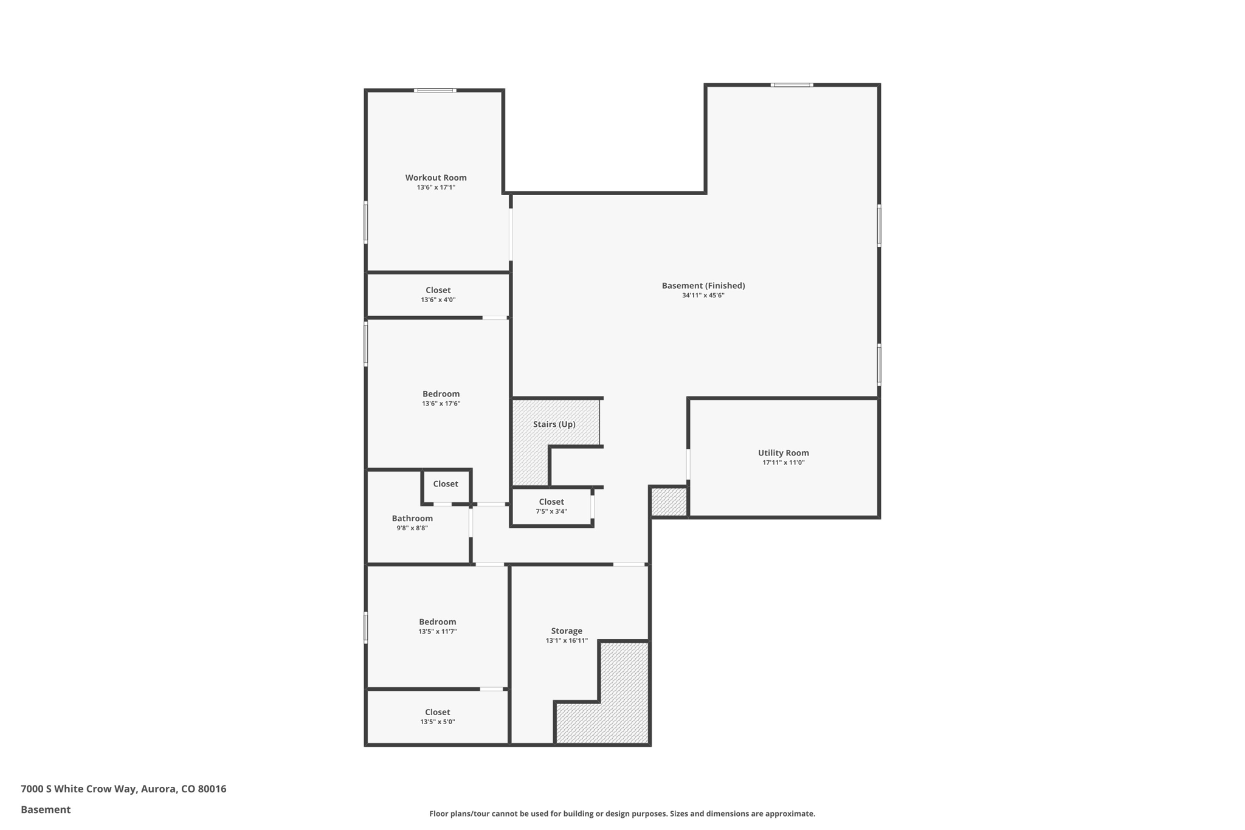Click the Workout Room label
(436, 178)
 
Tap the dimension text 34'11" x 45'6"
(703, 296)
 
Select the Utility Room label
(783, 453)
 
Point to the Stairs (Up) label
(554, 424)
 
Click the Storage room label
(567, 631)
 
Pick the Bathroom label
(412, 519)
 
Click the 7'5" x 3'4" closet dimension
(551, 511)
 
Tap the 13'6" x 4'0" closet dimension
(438, 300)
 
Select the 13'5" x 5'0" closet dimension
(437, 722)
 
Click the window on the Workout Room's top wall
(435, 91)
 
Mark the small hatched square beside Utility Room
(669, 502)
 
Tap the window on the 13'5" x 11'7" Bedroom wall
(366, 627)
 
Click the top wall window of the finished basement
(791, 85)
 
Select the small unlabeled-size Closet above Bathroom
(446, 484)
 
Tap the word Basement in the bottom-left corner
(46, 809)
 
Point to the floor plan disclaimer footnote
(622, 814)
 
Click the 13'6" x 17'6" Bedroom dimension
(441, 404)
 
